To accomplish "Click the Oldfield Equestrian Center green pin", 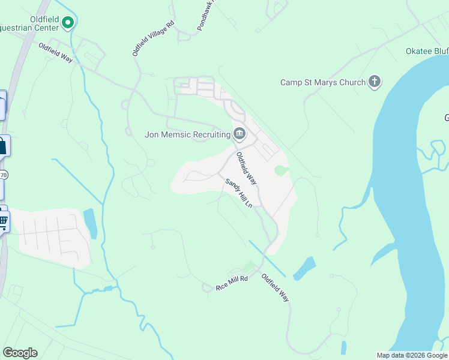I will coord(68,23).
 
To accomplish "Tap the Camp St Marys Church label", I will coord(323,82).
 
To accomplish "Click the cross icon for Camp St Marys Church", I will coord(375,81).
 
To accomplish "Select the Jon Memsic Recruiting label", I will coord(188,134).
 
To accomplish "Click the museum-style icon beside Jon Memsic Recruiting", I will coord(239,134).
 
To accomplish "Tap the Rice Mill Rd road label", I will coord(232,284).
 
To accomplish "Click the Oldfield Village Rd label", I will coord(153,39).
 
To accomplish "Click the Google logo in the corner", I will coord(20,353).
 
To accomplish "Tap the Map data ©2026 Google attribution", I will coord(412,355).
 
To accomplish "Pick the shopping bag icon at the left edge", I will coord(3,146).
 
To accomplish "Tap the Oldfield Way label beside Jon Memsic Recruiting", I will coord(247,167).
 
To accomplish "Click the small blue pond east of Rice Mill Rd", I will coord(304,269).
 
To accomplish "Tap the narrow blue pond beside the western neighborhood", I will coord(91,223).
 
